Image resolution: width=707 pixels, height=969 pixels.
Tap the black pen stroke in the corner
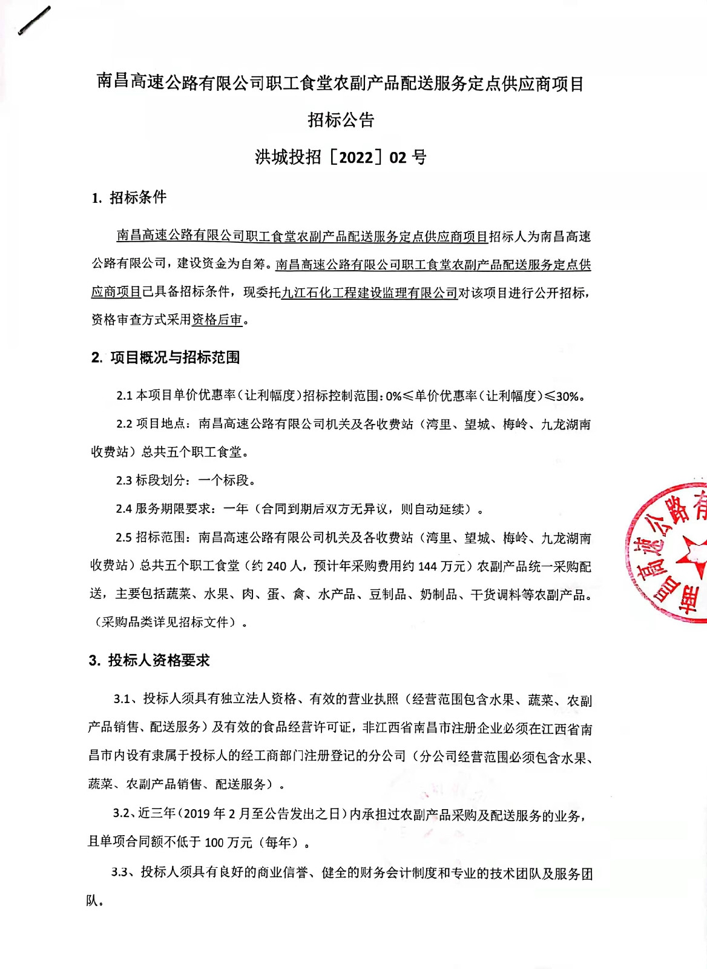pyautogui.click(x=35, y=21)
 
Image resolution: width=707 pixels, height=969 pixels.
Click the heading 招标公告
pyautogui.click(x=341, y=120)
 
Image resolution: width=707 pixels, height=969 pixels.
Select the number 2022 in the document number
pyautogui.click(x=356, y=158)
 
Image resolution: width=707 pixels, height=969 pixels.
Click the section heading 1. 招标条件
pyautogui.click(x=129, y=197)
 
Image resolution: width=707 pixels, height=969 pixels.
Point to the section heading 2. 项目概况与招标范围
pyautogui.click(x=165, y=358)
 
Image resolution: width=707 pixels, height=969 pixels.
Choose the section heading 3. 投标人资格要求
pyautogui.click(x=150, y=661)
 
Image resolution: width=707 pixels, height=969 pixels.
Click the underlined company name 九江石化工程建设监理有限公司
pyautogui.click(x=369, y=293)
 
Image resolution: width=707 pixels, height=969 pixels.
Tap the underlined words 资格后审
pyautogui.click(x=217, y=320)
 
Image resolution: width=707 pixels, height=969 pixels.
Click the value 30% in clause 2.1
pyautogui.click(x=567, y=397)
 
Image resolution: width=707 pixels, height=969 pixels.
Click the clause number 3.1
pyautogui.click(x=122, y=699)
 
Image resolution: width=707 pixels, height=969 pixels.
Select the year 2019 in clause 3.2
pyautogui.click(x=197, y=814)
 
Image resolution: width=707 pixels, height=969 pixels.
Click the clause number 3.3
pyautogui.click(x=120, y=873)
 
